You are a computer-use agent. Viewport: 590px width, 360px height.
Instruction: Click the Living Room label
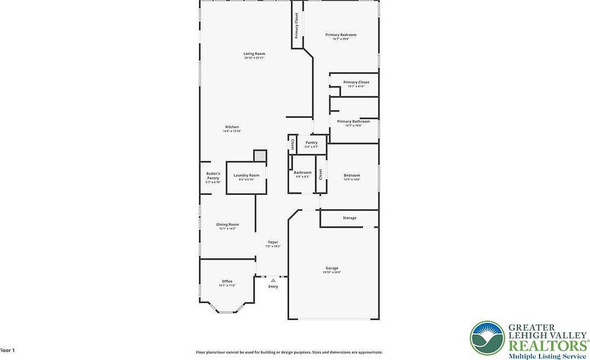pos(254,54)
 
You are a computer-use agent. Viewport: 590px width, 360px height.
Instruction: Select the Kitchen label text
pos(232,127)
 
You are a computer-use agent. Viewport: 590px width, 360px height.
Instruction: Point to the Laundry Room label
pos(246,176)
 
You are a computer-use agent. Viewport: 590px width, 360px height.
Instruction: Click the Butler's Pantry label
pos(213,176)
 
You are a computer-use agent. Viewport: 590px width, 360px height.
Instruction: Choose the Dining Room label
pos(227,225)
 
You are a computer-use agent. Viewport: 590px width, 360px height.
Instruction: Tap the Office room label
pos(227,281)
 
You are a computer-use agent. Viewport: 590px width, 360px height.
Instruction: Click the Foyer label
pos(273,243)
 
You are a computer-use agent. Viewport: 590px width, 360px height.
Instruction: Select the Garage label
pos(332,269)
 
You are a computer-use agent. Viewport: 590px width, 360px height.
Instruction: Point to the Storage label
pos(349,218)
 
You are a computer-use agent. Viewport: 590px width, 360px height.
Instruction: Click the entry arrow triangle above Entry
pos(273,281)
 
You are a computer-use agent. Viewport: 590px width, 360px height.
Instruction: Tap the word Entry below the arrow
pos(273,286)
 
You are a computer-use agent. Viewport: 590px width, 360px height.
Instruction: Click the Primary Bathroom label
pos(353,122)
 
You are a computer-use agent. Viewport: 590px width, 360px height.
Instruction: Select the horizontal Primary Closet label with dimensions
pos(356,83)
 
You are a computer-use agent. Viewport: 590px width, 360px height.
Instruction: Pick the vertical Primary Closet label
pos(297,25)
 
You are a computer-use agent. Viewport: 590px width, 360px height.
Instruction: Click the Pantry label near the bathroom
pos(311,143)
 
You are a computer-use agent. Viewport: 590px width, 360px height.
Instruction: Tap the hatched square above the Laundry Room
pos(260,156)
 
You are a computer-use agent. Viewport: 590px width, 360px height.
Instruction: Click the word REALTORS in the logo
pos(548,345)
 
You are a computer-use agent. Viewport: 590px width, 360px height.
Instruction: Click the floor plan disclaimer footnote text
pos(289,352)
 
